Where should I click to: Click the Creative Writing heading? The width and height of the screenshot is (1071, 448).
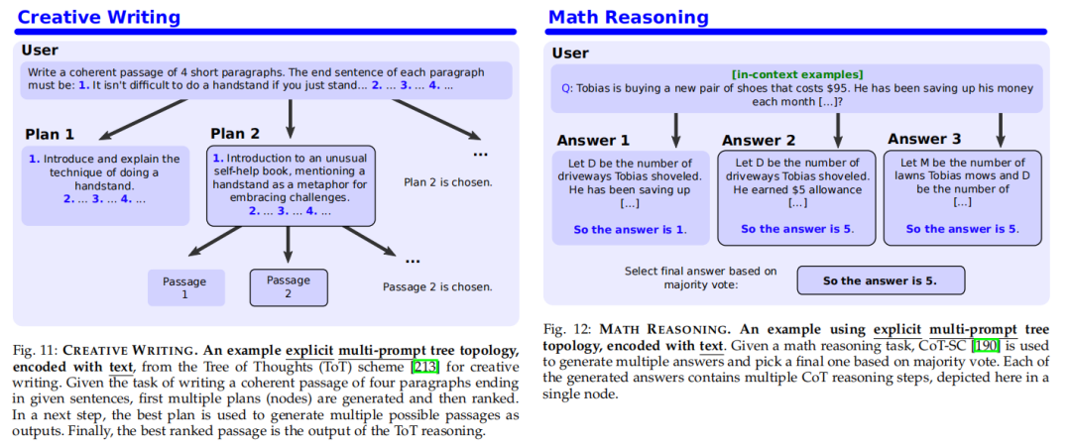pyautogui.click(x=98, y=17)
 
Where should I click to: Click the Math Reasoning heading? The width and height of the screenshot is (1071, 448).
pyautogui.click(x=629, y=17)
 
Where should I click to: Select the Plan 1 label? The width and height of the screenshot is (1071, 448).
pyautogui.click(x=50, y=135)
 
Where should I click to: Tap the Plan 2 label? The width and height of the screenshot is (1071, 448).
pyautogui.click(x=235, y=134)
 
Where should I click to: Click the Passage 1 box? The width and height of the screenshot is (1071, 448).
pyautogui.click(x=186, y=287)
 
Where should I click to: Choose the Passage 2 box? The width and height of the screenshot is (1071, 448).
pyautogui.click(x=289, y=287)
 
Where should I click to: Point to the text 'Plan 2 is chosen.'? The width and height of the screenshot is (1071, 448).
pyautogui.click(x=448, y=182)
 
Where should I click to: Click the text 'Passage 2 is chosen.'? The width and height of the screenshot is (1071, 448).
pyautogui.click(x=437, y=286)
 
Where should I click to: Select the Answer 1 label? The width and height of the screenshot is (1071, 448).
pyautogui.click(x=593, y=142)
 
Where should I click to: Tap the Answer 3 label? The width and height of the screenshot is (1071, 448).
pyautogui.click(x=924, y=140)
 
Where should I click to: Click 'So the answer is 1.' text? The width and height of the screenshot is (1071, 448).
pyautogui.click(x=630, y=230)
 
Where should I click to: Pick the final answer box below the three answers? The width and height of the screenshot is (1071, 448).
pyautogui.click(x=881, y=280)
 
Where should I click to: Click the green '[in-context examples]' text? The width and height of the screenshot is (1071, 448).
pyautogui.click(x=797, y=74)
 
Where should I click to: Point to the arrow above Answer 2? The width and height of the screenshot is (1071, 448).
pyautogui.click(x=837, y=130)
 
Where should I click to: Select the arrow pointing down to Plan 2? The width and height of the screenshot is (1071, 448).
pyautogui.click(x=291, y=118)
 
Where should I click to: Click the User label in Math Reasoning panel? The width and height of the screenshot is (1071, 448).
pyautogui.click(x=570, y=54)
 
